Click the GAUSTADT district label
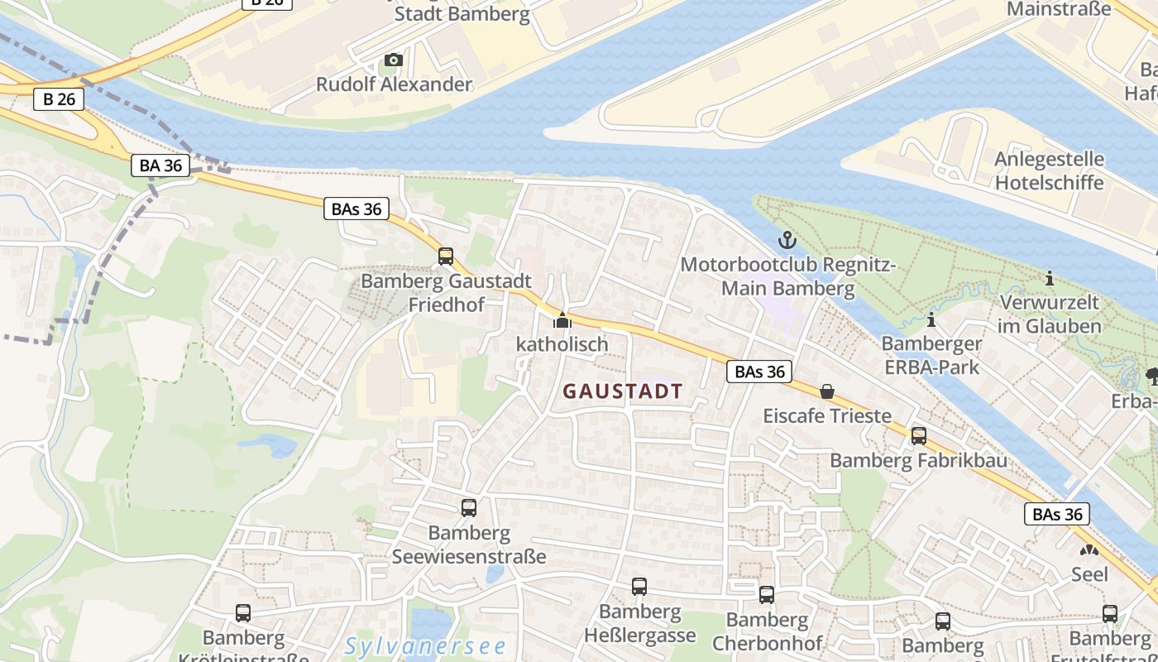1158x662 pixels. pyautogui.click(x=623, y=391)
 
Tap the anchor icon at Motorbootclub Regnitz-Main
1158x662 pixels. pyautogui.click(x=787, y=241)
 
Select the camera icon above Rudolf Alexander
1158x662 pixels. pyautogui.click(x=394, y=60)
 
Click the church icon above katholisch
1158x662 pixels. pyautogui.click(x=562, y=320)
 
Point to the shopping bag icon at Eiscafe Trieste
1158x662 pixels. pyautogui.click(x=826, y=391)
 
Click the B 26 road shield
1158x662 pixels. pyautogui.click(x=59, y=100)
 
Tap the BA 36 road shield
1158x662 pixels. pyautogui.click(x=160, y=165)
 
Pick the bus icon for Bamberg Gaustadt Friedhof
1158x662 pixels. pyautogui.click(x=446, y=257)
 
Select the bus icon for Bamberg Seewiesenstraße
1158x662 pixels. pyautogui.click(x=469, y=508)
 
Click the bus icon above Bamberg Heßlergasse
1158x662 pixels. pyautogui.click(x=639, y=587)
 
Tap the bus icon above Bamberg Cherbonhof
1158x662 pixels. pyautogui.click(x=767, y=595)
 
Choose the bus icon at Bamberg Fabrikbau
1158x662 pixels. pyautogui.click(x=918, y=436)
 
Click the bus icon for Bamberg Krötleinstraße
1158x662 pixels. pyautogui.click(x=243, y=613)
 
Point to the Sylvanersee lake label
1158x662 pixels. pyautogui.click(x=425, y=646)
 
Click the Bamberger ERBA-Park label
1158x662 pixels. pyautogui.click(x=931, y=355)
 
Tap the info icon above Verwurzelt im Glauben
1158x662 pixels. pyautogui.click(x=1050, y=278)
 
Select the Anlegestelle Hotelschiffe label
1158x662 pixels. pyautogui.click(x=1049, y=170)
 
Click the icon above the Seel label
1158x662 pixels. pyautogui.click(x=1089, y=550)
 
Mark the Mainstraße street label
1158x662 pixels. pyautogui.click(x=1058, y=9)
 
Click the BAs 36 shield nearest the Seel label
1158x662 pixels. pyautogui.click(x=1057, y=514)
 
